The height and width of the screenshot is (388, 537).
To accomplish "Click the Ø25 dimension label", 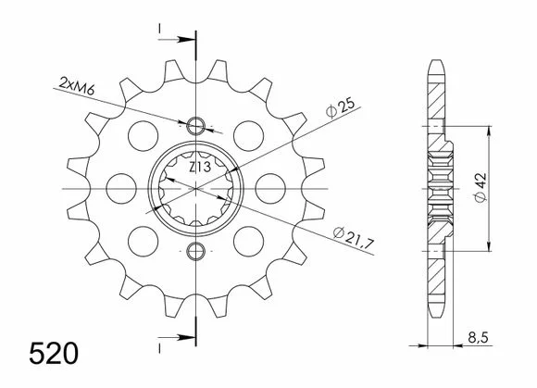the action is coord(340,108).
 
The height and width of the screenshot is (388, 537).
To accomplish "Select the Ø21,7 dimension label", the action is coord(354,236).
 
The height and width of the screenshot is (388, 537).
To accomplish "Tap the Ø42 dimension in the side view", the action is coord(481,188).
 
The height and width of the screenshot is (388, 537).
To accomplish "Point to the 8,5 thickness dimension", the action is coord(478,338).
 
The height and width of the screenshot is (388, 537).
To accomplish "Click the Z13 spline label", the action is coord(200,168).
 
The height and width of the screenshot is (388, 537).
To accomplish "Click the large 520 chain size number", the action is coord(54,354).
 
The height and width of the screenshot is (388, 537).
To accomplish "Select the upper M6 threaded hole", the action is coord(195,126).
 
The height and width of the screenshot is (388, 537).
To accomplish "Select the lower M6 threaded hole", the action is coord(195,251).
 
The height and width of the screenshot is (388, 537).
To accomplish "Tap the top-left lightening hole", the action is coord(143,135).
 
